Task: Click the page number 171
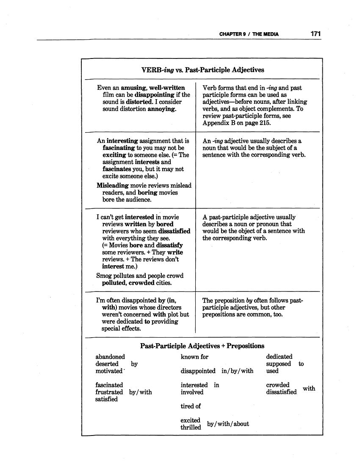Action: (x=315, y=33)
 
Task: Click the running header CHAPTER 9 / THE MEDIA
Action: (x=249, y=34)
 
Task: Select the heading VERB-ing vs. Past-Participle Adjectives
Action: (x=202, y=69)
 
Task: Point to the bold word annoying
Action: (x=161, y=109)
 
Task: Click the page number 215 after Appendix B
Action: (x=262, y=123)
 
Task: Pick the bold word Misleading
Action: (x=113, y=186)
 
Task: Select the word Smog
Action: (x=104, y=276)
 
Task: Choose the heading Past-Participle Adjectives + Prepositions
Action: (x=202, y=346)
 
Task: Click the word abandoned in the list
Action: (x=110, y=357)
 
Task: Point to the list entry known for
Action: (x=194, y=357)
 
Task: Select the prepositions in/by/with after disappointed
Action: (x=237, y=371)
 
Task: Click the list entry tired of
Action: (x=191, y=406)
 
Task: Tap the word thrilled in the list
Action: (x=191, y=427)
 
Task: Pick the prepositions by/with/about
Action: (x=228, y=424)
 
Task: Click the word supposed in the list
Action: (x=278, y=364)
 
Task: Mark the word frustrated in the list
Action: (x=109, y=392)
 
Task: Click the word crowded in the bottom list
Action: (x=277, y=385)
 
